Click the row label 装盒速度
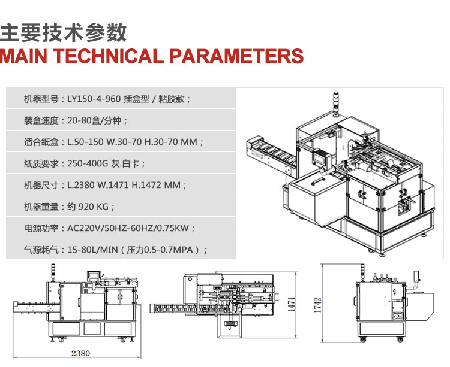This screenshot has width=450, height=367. (41, 120)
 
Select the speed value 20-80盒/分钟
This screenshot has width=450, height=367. (97, 120)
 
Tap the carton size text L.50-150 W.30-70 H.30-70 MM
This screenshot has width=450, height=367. (135, 142)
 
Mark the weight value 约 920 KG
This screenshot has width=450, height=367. (90, 207)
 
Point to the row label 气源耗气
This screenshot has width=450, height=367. (41, 250)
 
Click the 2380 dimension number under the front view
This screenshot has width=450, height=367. (80, 353)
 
